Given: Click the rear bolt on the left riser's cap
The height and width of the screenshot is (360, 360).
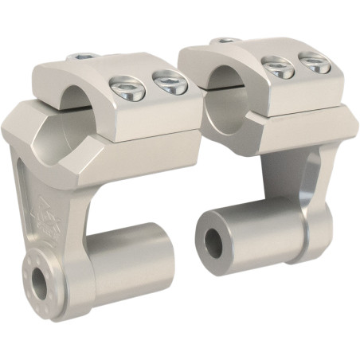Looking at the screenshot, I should [82, 57].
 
